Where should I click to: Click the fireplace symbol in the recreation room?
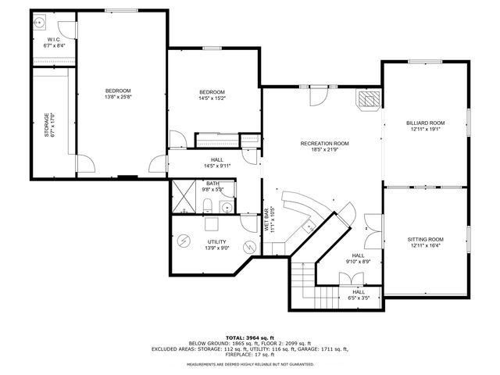click(x=369, y=99)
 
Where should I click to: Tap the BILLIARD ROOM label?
click(x=425, y=123)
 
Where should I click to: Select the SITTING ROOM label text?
click(x=425, y=239)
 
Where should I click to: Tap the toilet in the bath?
click(x=208, y=205)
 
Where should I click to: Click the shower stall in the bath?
click(x=184, y=195)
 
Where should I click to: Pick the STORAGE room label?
click(x=48, y=126)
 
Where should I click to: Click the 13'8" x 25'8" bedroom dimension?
click(x=119, y=97)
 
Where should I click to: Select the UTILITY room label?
click(x=216, y=242)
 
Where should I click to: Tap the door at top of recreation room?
click(x=318, y=97)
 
